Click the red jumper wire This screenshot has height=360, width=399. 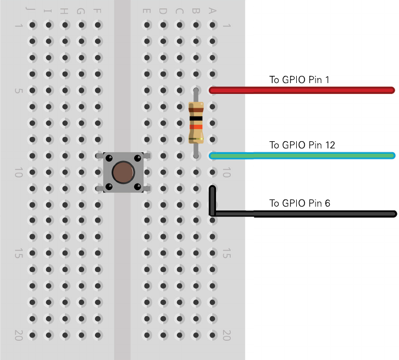[x=302, y=90]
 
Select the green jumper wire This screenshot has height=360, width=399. [x=302, y=156]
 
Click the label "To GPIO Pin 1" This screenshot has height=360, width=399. [x=299, y=80]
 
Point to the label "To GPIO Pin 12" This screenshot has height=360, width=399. [x=302, y=145]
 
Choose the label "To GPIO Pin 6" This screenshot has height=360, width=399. [x=300, y=203]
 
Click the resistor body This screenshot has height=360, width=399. [x=196, y=122]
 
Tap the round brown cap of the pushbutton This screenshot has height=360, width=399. [x=123, y=172]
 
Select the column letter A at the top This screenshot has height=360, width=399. [x=212, y=11]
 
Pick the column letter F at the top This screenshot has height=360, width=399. [x=98, y=11]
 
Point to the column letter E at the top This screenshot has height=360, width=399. [x=147, y=11]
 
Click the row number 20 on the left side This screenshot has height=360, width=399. [x=18, y=335]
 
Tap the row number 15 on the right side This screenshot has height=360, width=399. [x=226, y=253]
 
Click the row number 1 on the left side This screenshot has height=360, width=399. [x=18, y=25]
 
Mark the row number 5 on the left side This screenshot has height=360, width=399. [x=18, y=90]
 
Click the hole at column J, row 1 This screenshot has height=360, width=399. [x=33, y=25]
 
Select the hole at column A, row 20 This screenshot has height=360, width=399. [x=212, y=335]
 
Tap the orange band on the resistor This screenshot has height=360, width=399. [x=196, y=127]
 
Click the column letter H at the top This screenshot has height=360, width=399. [x=65, y=11]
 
